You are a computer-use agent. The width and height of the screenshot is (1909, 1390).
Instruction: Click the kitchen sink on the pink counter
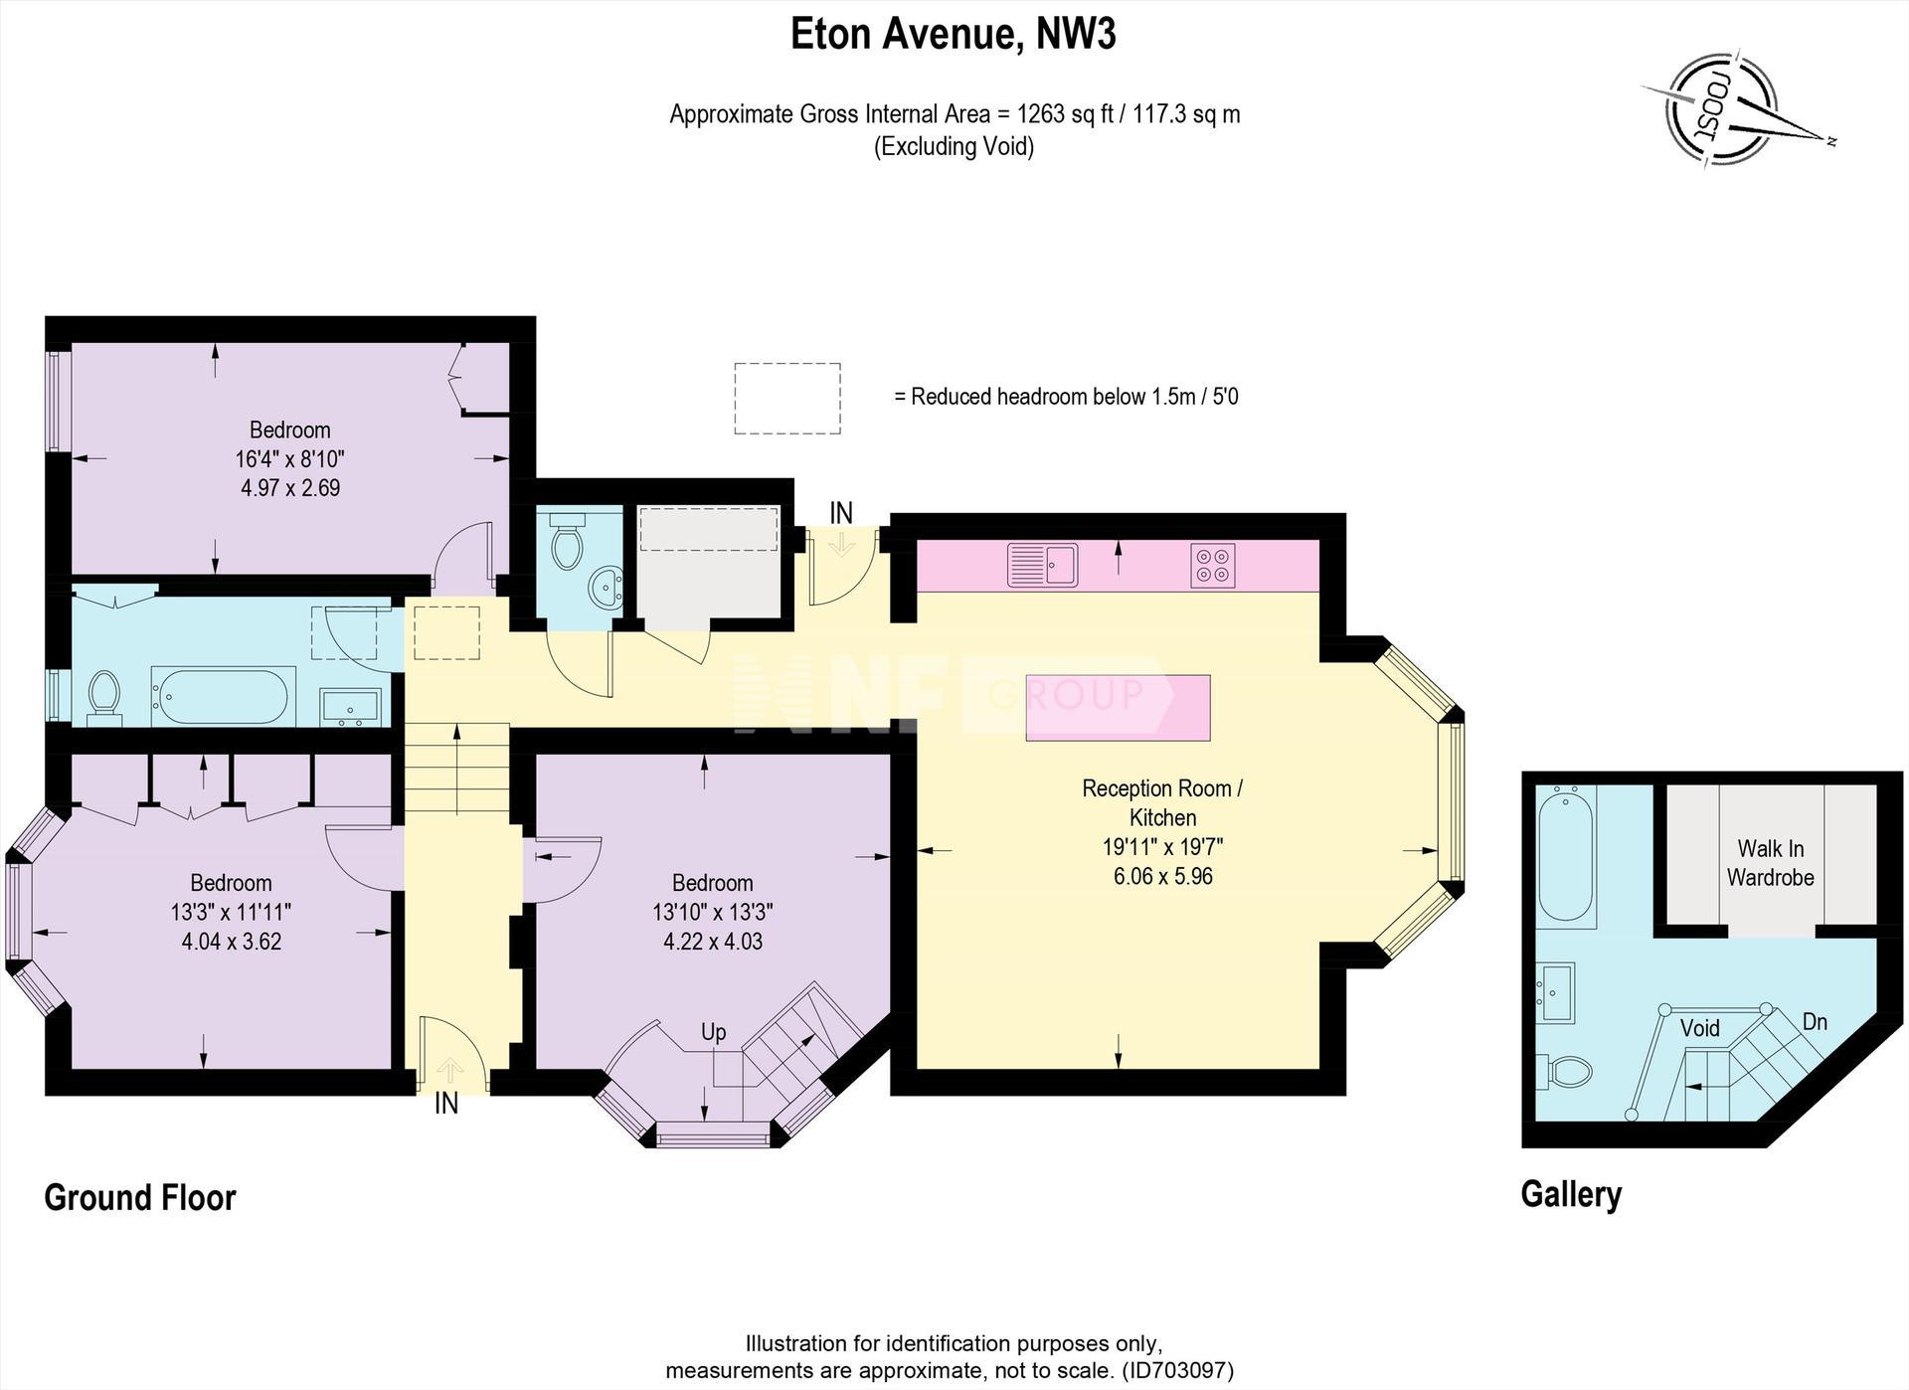pos(1042,565)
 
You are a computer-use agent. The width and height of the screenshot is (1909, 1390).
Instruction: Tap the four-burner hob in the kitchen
pos(1213,565)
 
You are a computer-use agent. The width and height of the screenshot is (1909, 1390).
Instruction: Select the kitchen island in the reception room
pos(1119,708)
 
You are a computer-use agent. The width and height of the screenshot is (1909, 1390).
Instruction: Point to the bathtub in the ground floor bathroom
pos(223,695)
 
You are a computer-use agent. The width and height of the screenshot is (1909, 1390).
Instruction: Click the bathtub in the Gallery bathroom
pos(1566,856)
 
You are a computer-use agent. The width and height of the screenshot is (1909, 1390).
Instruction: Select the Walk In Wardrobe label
pos(1770,863)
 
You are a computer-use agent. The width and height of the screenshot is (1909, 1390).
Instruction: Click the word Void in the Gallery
pos(1700,1028)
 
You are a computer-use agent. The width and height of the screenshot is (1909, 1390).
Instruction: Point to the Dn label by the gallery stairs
pos(1815,1022)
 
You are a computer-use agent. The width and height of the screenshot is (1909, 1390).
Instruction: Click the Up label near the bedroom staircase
pos(713,1032)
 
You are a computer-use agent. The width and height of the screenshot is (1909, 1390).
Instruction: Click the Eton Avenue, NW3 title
pos(954,34)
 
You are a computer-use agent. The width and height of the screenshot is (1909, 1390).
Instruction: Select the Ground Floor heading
pos(140,1198)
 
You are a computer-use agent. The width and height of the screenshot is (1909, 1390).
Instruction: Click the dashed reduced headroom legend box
pos(787,399)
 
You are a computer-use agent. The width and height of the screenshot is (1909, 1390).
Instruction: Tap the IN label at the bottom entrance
pos(446,1104)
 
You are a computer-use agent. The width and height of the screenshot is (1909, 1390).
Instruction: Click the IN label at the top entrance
pos(841,513)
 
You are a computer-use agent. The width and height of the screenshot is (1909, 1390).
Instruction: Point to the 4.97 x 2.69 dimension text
pos(290,488)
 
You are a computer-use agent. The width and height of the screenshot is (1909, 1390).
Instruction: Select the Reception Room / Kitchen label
pos(1162,803)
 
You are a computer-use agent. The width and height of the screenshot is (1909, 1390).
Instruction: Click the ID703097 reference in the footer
pos(1177,1371)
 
